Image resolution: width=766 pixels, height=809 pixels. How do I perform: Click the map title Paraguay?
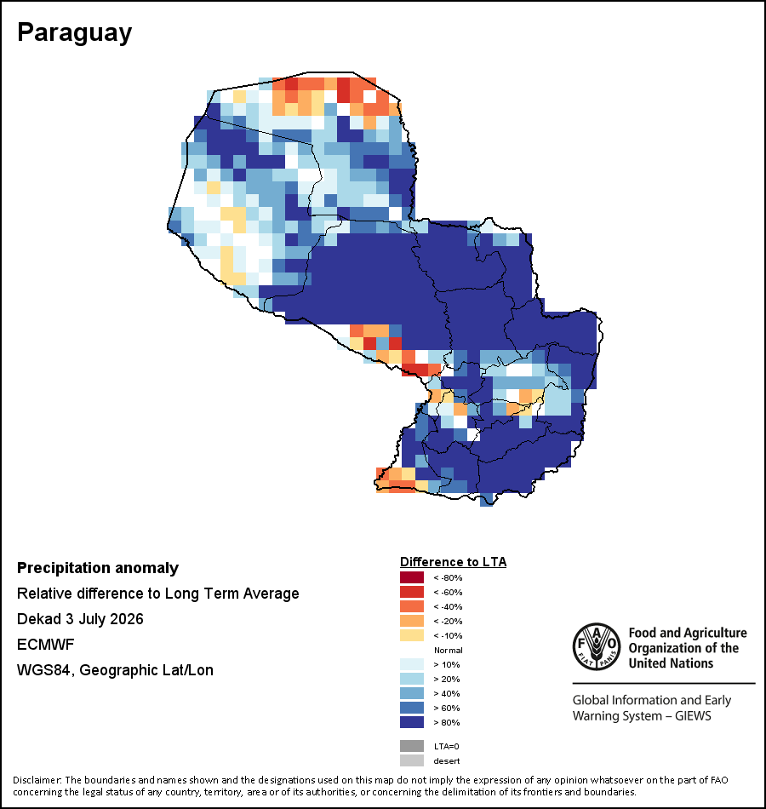pyautogui.click(x=74, y=33)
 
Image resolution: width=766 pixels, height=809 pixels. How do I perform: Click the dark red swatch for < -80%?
pyautogui.click(x=412, y=577)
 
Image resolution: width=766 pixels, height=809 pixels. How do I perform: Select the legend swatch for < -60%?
pyautogui.click(x=412, y=592)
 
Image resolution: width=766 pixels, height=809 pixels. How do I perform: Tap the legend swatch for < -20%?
pyautogui.click(x=412, y=621)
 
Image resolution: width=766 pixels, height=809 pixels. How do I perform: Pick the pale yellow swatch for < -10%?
pyautogui.click(x=412, y=635)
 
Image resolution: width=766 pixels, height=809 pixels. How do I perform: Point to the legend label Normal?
pyautogui.click(x=448, y=650)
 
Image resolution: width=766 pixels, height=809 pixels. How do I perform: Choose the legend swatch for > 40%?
pyautogui.click(x=412, y=693)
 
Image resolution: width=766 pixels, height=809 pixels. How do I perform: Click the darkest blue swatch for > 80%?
pyautogui.click(x=412, y=722)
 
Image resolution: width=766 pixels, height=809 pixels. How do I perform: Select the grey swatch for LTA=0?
pyautogui.click(x=412, y=746)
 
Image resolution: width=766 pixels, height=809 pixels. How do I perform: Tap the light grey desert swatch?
pyautogui.click(x=412, y=760)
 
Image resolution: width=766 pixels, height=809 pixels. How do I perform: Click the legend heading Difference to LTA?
pyautogui.click(x=453, y=562)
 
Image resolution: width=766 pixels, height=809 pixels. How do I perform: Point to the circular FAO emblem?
pyautogui.click(x=597, y=646)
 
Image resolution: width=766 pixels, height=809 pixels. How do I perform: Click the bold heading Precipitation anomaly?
pyautogui.click(x=98, y=568)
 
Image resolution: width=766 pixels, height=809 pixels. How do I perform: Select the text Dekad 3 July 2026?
pyautogui.click(x=80, y=618)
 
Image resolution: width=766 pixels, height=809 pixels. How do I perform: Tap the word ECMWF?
pyautogui.click(x=45, y=645)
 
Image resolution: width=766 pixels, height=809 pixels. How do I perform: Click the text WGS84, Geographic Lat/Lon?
pyautogui.click(x=115, y=670)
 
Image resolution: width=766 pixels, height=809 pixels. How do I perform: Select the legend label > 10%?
pyautogui.click(x=446, y=664)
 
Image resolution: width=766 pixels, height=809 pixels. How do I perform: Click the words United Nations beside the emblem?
pyautogui.click(x=671, y=663)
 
